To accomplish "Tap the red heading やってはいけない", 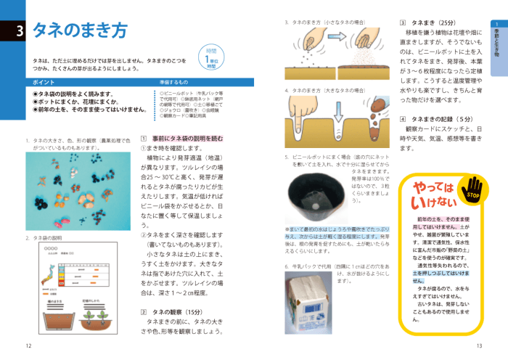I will pyautogui.click(x=433, y=194).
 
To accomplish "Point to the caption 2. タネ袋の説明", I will pyautogui.click(x=44, y=237).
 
